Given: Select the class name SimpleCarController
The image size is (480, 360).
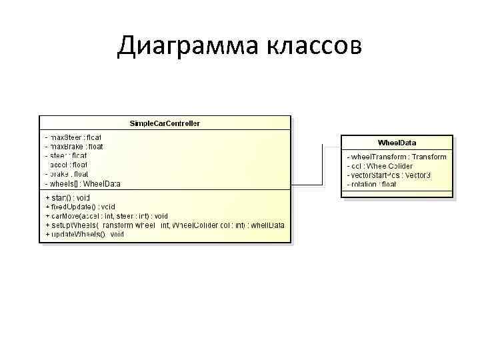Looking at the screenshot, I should click(165, 123).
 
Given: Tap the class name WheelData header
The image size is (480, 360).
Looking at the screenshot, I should click(397, 143).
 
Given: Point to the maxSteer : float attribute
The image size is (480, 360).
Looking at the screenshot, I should click(73, 137).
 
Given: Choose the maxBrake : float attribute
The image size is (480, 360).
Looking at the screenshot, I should click(74, 146).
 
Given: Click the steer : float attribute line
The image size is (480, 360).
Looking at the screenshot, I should click(66, 155).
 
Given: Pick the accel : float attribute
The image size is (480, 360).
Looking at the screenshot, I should click(67, 165).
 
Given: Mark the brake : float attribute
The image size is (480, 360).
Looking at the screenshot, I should click(67, 174).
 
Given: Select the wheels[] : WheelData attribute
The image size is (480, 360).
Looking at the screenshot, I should click(83, 183).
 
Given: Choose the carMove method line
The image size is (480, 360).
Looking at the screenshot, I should click(107, 217).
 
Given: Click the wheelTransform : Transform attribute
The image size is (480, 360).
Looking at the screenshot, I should click(397, 157).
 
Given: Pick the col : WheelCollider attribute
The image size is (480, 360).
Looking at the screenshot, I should click(380, 166).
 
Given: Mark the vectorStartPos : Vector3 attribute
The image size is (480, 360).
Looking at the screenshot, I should click(389, 175).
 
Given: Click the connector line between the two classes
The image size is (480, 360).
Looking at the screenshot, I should click(308, 184).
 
